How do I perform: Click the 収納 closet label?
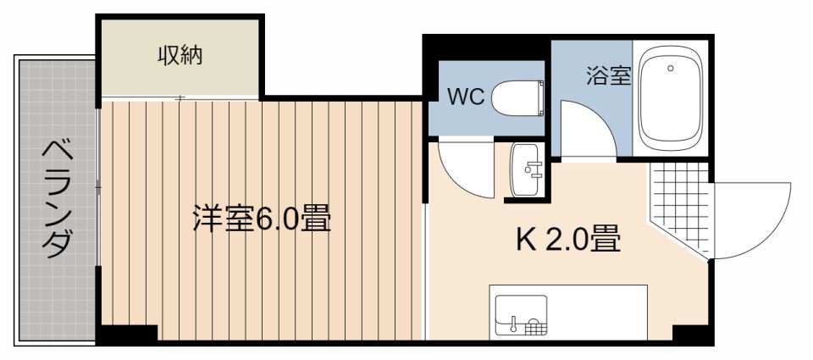180,57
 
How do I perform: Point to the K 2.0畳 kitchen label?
569,240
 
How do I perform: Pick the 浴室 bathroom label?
608,76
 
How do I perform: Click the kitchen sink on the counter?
521,314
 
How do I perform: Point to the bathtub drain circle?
670,69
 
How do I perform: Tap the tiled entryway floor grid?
680,203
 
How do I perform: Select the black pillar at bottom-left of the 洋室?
127,335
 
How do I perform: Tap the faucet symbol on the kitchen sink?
514,322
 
